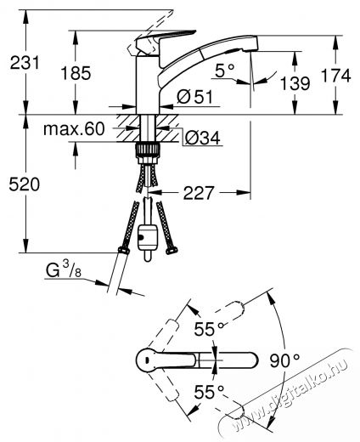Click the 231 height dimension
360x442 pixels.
(25, 63)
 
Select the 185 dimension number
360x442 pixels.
(76, 73)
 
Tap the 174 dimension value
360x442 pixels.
(336, 76)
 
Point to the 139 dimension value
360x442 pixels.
(295, 83)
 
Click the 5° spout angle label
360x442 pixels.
(225, 71)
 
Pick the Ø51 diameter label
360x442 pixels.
(194, 97)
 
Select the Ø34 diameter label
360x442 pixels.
(202, 139)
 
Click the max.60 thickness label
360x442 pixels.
(74, 129)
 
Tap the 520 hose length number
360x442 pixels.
(25, 184)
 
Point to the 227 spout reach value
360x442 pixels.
(198, 193)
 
